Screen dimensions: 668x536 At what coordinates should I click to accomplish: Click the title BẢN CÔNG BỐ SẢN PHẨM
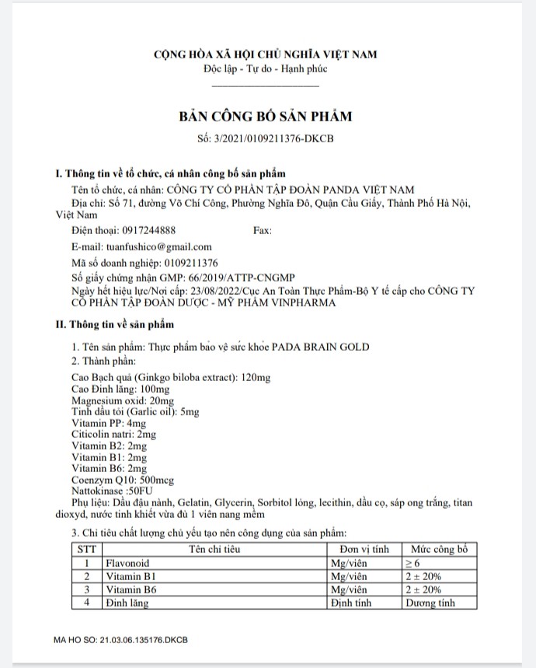click(x=266, y=117)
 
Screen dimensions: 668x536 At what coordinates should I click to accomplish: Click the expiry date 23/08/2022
click(x=210, y=290)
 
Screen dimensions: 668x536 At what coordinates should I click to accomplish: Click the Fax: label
click(x=263, y=230)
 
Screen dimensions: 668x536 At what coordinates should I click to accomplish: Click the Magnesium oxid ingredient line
click(x=111, y=400)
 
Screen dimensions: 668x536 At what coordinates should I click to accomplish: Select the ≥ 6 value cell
click(x=417, y=563)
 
